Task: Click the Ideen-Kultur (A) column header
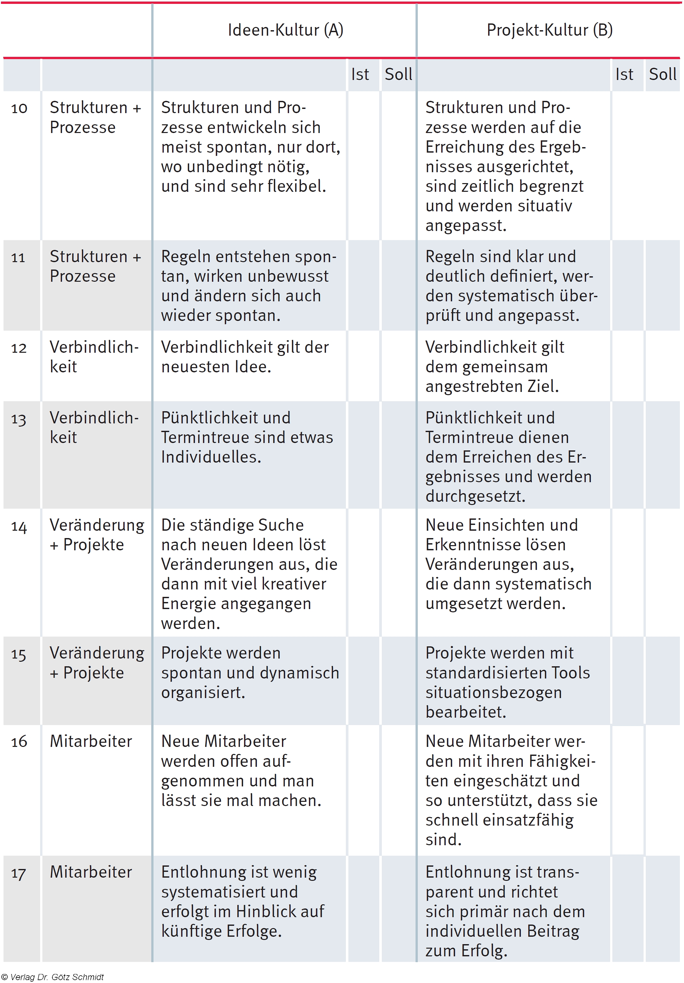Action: pos(285,30)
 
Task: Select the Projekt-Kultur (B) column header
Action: pos(549,30)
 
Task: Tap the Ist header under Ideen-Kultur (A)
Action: pos(360,75)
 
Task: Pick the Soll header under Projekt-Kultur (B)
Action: pos(662,75)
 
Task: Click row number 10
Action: pos(19,108)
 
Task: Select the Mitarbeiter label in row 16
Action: pos(91,741)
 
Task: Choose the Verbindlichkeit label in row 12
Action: pos(94,357)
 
